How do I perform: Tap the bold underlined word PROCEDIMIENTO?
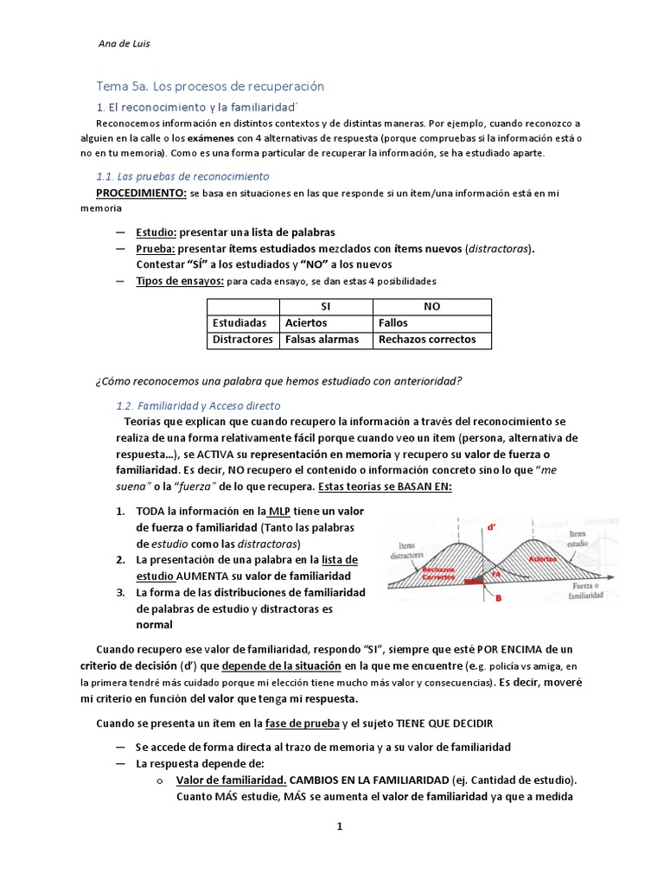140,193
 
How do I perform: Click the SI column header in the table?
325,307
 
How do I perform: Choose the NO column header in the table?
431,307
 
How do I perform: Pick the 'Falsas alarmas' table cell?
322,340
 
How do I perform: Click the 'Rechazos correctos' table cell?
427,340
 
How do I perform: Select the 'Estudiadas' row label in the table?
239,323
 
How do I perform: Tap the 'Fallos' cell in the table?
393,323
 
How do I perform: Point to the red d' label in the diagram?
492,526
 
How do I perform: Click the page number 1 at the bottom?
340,826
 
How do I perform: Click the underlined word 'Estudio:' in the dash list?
156,232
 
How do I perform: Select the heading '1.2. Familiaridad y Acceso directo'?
198,405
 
